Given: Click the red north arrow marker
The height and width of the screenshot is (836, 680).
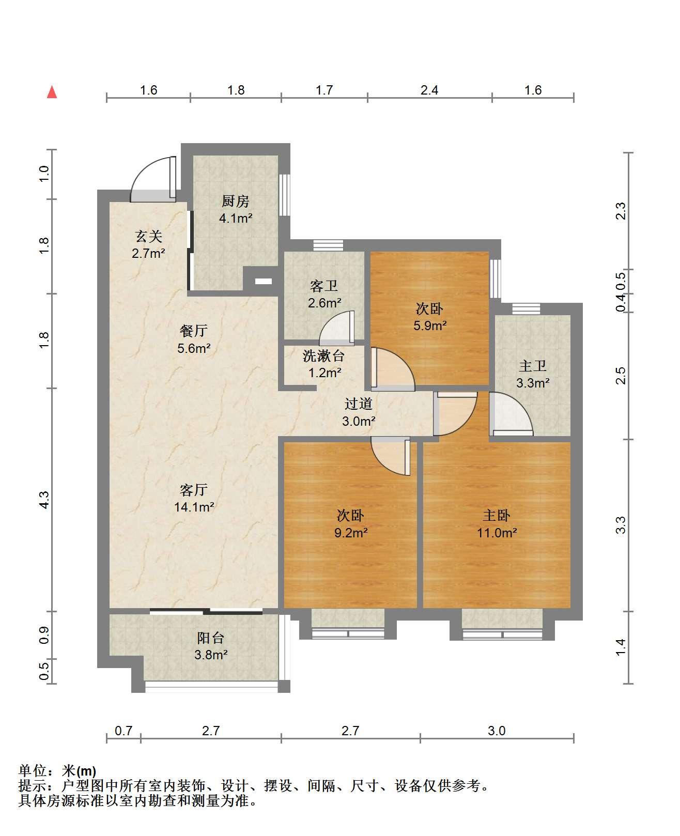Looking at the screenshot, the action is (x=52, y=92).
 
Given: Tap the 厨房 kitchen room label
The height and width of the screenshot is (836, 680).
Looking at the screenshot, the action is (x=235, y=201).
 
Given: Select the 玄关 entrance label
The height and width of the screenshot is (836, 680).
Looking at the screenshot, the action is (x=148, y=236).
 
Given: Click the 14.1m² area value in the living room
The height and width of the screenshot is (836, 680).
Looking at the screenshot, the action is (x=194, y=507).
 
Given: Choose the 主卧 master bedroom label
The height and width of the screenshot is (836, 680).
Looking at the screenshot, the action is (x=497, y=515).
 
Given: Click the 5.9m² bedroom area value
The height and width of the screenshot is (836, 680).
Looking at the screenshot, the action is (x=430, y=326).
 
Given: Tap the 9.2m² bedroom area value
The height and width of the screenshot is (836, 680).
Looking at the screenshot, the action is (x=351, y=533).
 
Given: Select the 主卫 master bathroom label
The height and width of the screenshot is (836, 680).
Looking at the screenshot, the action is (x=532, y=366).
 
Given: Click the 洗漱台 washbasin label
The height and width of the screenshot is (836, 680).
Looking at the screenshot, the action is (x=323, y=355).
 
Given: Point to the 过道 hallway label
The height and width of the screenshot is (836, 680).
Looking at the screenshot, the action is (x=358, y=404).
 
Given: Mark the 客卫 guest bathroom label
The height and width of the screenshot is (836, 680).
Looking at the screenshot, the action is (x=323, y=286).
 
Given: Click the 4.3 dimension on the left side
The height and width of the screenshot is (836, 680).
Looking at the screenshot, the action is (x=44, y=500).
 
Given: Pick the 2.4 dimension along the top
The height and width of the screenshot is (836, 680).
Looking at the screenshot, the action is (x=429, y=90).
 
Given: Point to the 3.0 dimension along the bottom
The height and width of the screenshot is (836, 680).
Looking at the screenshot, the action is (x=497, y=731).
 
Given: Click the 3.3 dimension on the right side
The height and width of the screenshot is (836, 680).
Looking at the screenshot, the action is (x=621, y=525).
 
